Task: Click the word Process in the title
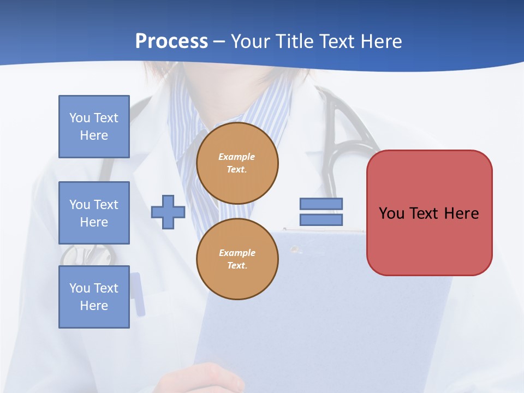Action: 171,41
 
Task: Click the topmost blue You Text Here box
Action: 94,127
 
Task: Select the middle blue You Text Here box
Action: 94,213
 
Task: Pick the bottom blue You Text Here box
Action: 94,297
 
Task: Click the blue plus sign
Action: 168,212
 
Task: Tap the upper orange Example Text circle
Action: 237,163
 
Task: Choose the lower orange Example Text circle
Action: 237,259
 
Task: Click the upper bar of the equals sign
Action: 321,204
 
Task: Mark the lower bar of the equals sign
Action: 321,220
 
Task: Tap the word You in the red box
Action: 391,213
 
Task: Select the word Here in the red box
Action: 462,213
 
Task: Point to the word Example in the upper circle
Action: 237,157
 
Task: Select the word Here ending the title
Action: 383,41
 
